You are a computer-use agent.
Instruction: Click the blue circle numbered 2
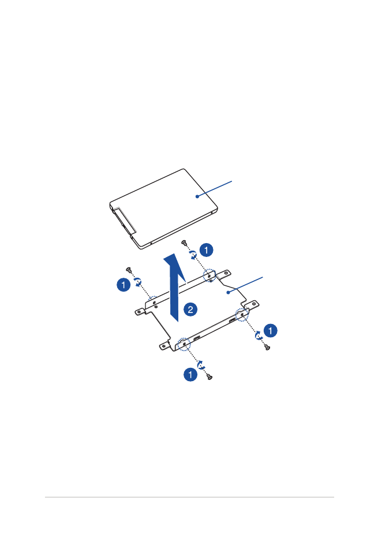click(190, 310)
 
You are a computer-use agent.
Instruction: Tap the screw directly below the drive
click(184, 243)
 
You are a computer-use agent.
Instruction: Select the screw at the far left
click(129, 270)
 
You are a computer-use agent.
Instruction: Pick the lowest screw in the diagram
click(210, 377)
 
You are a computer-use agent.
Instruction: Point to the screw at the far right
click(268, 347)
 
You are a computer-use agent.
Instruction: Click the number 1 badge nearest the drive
click(206, 250)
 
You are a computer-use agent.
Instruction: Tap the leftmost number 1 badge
click(123, 285)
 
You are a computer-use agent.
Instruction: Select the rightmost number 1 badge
click(270, 330)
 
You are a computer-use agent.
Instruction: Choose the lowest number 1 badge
click(190, 375)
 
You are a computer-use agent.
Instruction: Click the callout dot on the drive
click(197, 196)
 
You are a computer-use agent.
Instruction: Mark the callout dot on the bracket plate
click(229, 292)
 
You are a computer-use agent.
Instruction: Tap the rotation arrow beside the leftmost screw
click(138, 282)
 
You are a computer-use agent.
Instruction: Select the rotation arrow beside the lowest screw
click(201, 365)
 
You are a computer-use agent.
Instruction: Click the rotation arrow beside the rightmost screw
click(259, 335)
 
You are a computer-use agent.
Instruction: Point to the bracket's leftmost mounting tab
click(139, 311)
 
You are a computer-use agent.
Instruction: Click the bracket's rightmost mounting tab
click(254, 304)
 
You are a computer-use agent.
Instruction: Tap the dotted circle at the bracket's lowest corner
click(184, 344)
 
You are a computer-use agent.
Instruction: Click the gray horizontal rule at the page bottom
click(189, 497)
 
